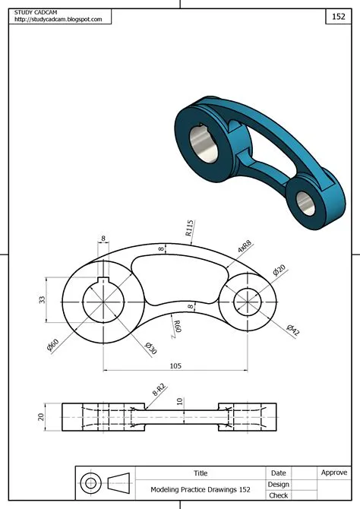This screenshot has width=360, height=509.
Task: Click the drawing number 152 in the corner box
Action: pos(339,15)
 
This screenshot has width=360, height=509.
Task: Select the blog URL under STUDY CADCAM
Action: pos(58,20)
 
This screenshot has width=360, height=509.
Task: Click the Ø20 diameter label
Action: pos(279,270)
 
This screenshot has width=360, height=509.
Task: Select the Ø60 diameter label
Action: pos(53,343)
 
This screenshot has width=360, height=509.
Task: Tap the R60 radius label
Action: pos(177,327)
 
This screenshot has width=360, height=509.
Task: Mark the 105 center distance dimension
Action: pos(175,365)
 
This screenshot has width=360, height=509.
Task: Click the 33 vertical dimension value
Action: pos(42,299)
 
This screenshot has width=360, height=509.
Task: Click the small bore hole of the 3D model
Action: pos(305,201)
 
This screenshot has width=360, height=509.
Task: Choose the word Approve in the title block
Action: pos(334,473)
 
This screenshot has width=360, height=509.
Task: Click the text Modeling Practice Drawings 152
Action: pos(201,490)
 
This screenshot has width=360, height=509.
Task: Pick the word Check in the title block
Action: pos(278,496)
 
